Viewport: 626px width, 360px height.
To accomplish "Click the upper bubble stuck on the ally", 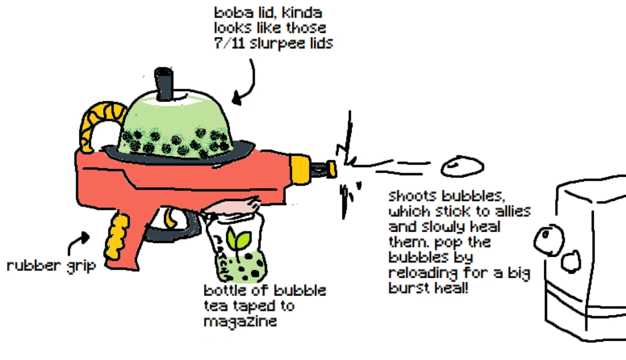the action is click(549, 237).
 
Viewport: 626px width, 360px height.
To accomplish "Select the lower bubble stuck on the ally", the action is click(571, 262).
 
